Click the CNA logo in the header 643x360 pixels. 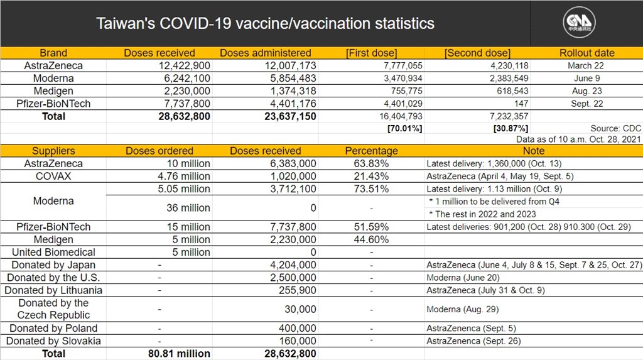pos(579,22)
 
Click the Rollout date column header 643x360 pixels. pos(587,53)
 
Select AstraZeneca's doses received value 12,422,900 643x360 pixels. pos(184,66)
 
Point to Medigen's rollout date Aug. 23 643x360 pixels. pos(587,91)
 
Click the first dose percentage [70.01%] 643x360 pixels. pos(405,129)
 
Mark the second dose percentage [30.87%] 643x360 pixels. pos(511,129)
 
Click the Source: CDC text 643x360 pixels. pos(615,129)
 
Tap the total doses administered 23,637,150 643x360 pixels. pos(290,117)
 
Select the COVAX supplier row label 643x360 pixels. pos(53,177)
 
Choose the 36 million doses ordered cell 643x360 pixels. pos(188,208)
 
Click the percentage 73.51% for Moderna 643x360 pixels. pos(371,189)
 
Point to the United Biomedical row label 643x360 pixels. pos(53,253)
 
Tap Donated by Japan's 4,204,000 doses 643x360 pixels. pos(293,265)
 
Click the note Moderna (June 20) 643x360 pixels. pos(463,278)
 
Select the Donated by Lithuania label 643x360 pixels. pos(53,291)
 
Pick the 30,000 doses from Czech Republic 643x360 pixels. pos(300,310)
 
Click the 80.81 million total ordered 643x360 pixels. pos(179,354)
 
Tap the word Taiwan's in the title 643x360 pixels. pos(126,23)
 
